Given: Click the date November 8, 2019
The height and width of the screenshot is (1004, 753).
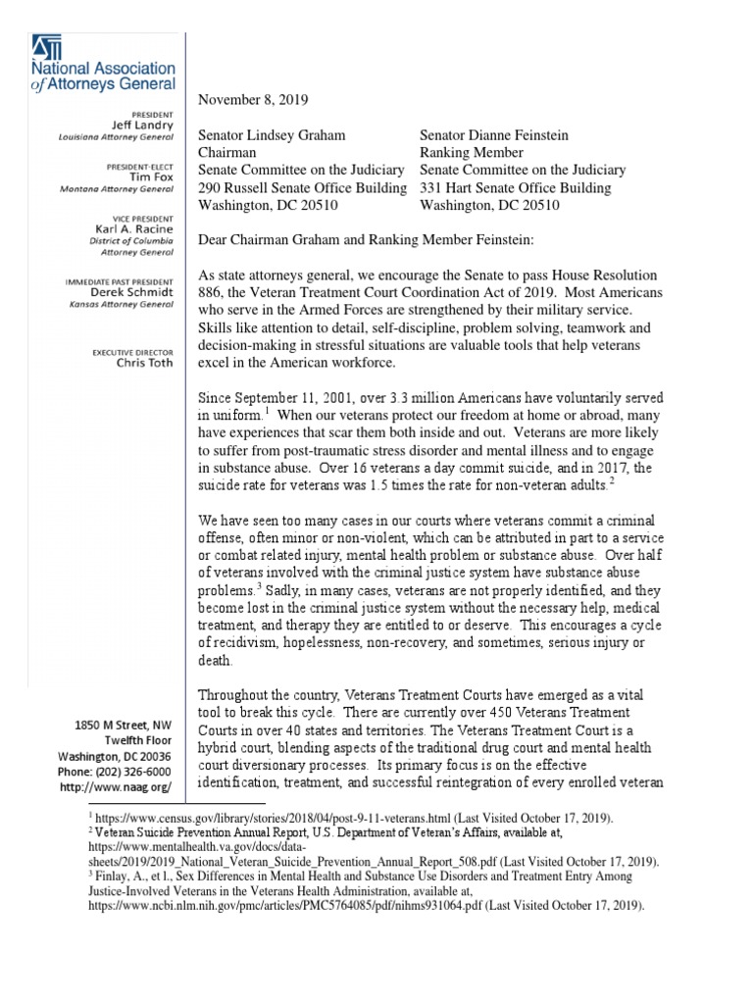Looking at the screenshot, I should pos(254,100).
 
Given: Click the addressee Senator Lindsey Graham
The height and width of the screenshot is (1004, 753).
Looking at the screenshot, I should pos(272,135).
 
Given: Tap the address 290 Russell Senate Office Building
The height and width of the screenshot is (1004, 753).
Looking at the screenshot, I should pos(302,188).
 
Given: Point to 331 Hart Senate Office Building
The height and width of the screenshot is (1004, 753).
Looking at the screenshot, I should pos(515,188).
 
